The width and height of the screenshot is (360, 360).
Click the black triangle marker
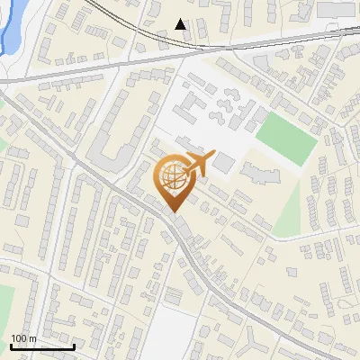tap(181, 24)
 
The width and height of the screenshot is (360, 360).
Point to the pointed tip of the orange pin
tap(174, 211)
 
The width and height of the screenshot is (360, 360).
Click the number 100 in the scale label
tap(20, 338)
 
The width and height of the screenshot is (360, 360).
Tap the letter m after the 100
tap(33, 338)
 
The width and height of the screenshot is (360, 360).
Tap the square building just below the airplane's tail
tap(223, 162)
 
